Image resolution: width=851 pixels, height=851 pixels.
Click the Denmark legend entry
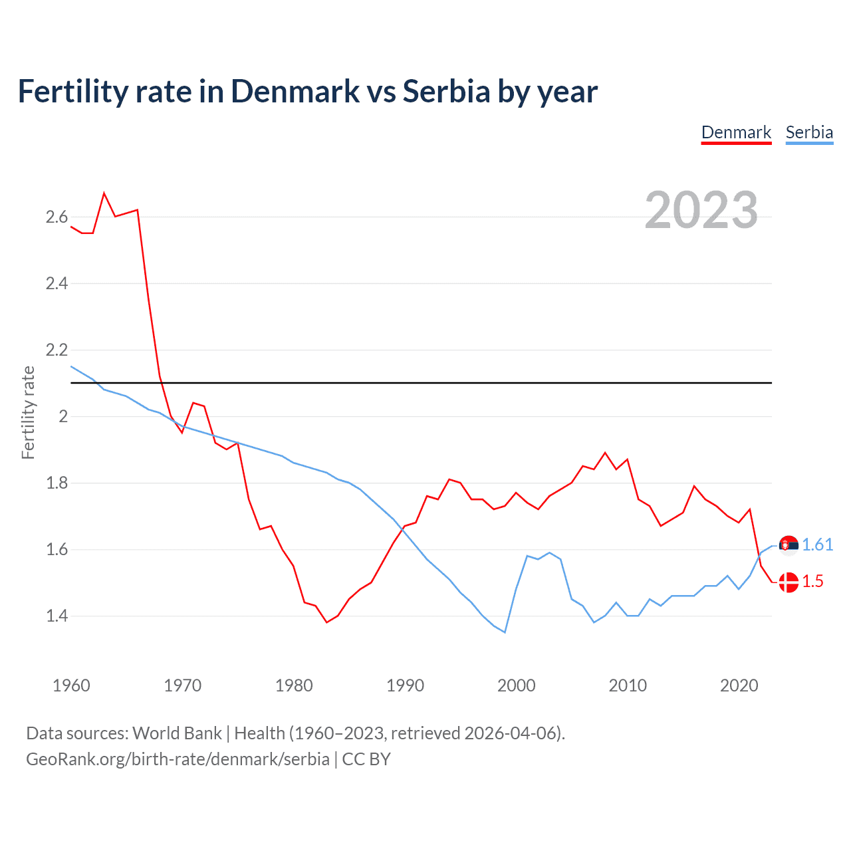click(736, 132)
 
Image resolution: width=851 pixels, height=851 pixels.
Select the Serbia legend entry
click(809, 132)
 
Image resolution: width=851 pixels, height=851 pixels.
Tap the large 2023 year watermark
click(701, 210)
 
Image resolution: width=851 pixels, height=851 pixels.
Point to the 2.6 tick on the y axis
click(57, 217)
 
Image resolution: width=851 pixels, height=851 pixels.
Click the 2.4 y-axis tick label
click(57, 284)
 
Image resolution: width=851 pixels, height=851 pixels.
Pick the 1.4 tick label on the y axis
click(57, 616)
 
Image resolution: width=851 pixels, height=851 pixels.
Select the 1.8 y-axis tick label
click(57, 483)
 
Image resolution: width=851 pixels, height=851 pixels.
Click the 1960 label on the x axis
click(71, 685)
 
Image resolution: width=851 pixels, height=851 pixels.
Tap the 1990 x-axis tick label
click(405, 685)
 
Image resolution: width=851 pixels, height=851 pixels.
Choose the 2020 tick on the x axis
click(739, 685)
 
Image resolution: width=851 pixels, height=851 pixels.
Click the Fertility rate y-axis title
click(28, 412)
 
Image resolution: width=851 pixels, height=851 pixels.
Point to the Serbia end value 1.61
click(817, 545)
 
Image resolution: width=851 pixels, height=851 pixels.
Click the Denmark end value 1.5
click(812, 582)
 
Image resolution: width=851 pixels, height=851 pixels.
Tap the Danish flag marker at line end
click(789, 582)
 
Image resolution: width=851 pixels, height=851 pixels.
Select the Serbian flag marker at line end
click(789, 545)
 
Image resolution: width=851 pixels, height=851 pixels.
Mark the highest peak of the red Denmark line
click(104, 193)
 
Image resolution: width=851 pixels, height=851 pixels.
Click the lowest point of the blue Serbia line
click(505, 632)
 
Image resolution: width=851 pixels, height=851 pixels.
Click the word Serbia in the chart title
click(446, 91)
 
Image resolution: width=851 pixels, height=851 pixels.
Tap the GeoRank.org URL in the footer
click(178, 759)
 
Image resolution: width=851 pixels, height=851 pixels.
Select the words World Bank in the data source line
click(177, 733)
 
